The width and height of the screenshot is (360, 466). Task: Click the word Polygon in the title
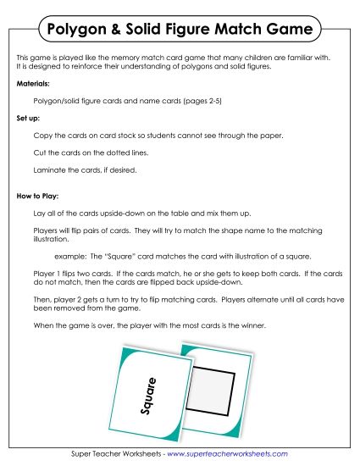coord(79,31)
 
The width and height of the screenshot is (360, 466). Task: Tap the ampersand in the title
coord(120,31)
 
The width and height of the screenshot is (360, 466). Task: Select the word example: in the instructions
coord(70,256)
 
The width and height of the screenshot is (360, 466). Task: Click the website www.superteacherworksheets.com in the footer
coord(226,453)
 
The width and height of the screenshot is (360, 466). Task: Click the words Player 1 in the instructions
coord(47,274)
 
